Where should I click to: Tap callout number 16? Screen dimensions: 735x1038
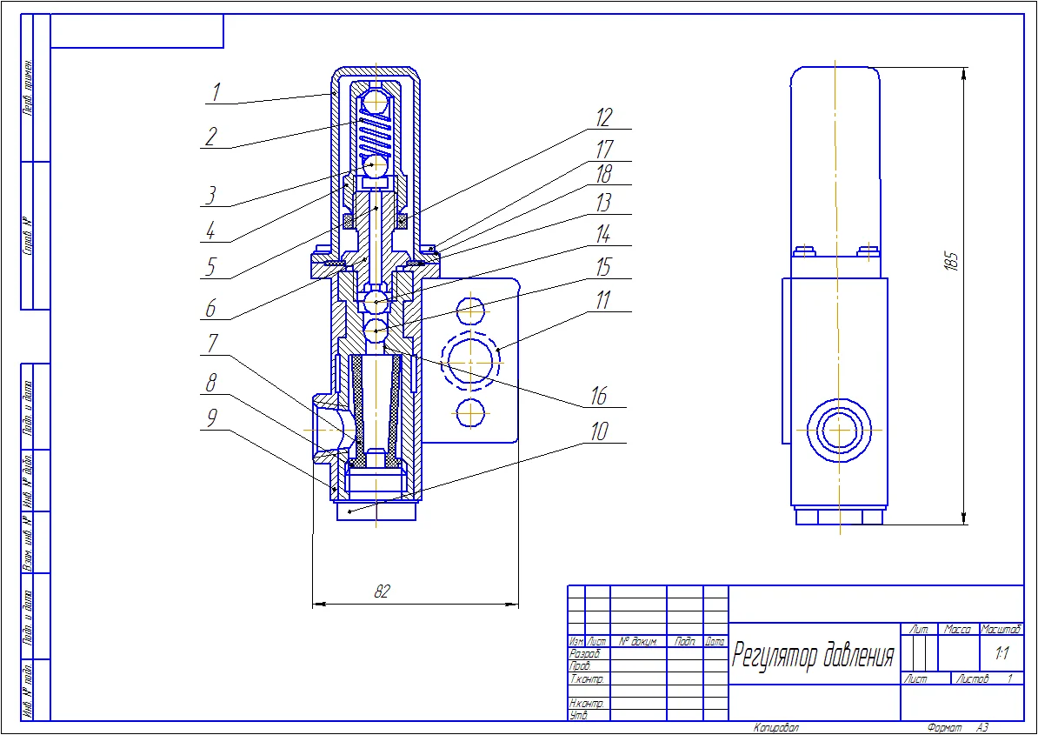click(x=598, y=396)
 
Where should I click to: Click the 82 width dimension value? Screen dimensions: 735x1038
click(x=381, y=591)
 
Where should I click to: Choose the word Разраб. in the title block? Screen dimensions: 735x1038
click(x=583, y=653)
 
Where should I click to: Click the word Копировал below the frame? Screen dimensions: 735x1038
click(x=776, y=727)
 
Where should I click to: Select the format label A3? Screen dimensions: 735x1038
click(x=981, y=727)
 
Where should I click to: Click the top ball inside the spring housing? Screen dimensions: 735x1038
click(x=375, y=102)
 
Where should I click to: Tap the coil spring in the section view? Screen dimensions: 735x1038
click(x=375, y=134)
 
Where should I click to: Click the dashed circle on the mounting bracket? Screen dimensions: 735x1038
click(x=470, y=359)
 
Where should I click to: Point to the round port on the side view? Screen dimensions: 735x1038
click(x=839, y=430)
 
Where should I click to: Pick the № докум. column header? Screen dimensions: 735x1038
click(x=637, y=641)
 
